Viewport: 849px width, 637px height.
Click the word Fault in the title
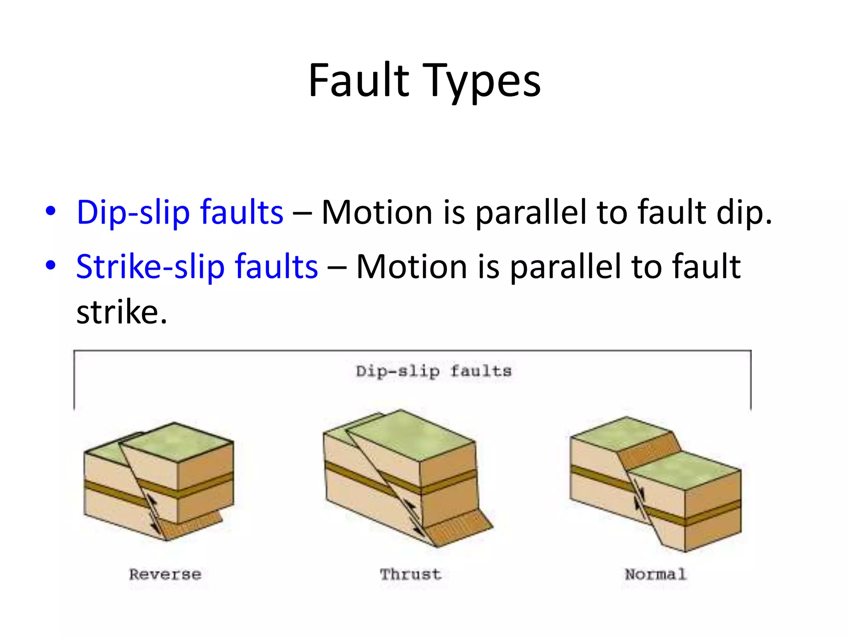point(359,80)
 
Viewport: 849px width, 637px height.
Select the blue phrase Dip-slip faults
point(180,212)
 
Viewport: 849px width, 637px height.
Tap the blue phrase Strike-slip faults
point(197,266)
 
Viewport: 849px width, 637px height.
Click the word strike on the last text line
point(118,312)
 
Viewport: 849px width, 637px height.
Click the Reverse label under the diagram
point(165,574)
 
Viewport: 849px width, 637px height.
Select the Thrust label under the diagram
point(410,574)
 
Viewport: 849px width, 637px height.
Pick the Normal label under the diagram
point(655,574)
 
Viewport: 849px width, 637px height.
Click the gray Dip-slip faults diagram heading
point(434,371)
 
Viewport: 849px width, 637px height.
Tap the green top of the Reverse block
point(178,442)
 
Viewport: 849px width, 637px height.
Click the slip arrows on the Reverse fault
point(153,514)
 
